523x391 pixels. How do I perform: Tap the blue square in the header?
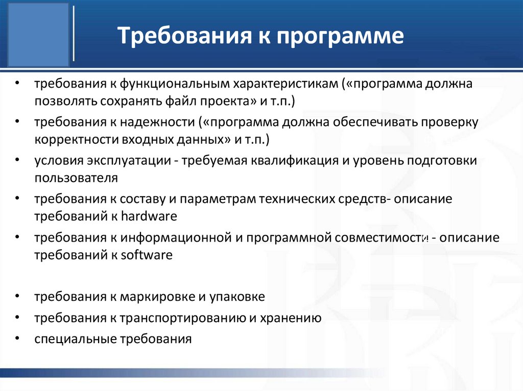[35, 35]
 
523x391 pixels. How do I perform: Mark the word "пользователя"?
[76, 177]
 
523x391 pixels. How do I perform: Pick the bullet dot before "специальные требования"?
[17, 338]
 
